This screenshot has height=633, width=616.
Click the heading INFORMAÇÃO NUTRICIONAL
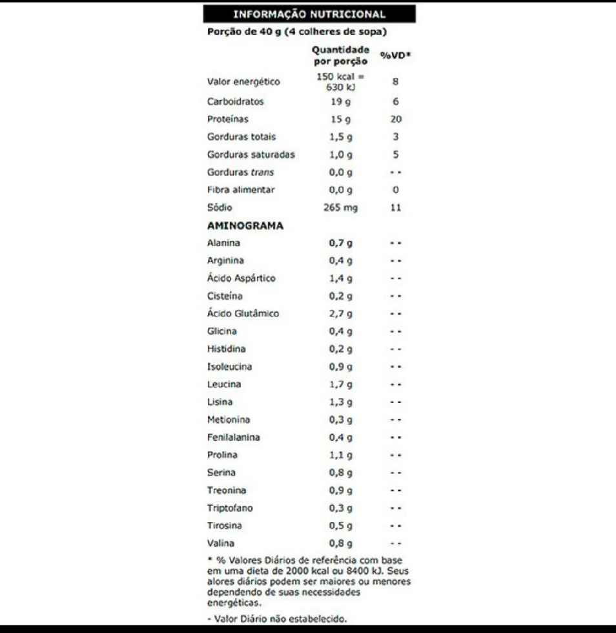tap(309, 14)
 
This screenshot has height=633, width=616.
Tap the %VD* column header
tap(396, 56)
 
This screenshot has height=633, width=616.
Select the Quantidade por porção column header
tap(340, 56)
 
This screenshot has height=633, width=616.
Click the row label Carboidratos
tap(235, 101)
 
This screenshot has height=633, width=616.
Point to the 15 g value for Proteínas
tap(340, 119)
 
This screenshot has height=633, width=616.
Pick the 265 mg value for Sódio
tap(340, 208)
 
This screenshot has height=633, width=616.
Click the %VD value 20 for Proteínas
tap(396, 119)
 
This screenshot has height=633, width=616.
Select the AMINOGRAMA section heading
tap(245, 226)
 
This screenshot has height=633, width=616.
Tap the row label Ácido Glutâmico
tap(243, 314)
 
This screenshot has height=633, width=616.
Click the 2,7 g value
tap(340, 314)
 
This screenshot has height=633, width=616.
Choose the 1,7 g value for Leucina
tap(340, 384)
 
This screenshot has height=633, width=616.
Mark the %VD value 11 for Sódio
tap(396, 208)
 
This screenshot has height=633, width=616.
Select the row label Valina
tap(221, 543)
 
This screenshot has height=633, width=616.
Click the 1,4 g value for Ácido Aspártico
tap(340, 278)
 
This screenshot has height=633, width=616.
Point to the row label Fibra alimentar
tap(241, 190)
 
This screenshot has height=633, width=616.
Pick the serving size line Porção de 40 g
tap(296, 31)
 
